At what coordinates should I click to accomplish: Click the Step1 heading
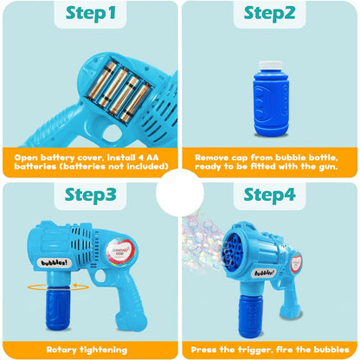[90, 16]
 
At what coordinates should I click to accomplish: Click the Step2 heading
[270, 16]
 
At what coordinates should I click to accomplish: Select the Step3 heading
[90, 195]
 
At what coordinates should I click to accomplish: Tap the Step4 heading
[270, 195]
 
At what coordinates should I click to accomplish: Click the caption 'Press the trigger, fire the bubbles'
[270, 348]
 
